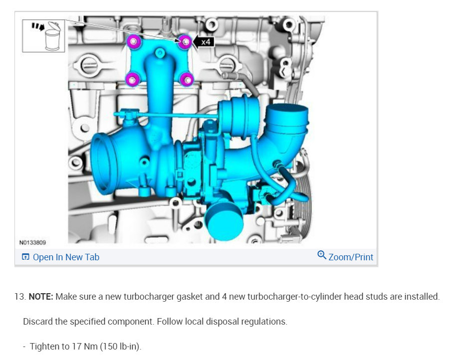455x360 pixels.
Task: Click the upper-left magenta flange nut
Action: pyautogui.click(x=134, y=41)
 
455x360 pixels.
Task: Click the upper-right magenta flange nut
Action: pyautogui.click(x=185, y=42)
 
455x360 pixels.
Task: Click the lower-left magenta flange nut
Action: pyautogui.click(x=132, y=79)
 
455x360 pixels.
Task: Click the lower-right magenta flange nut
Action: pyautogui.click(x=187, y=79)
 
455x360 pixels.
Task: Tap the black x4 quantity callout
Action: pyautogui.click(x=204, y=42)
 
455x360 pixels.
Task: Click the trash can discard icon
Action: pyautogui.click(x=52, y=36)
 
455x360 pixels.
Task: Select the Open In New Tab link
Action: pyautogui.click(x=61, y=257)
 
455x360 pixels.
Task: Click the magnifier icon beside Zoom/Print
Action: pyautogui.click(x=321, y=255)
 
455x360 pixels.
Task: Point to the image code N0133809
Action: pyautogui.click(x=32, y=242)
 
